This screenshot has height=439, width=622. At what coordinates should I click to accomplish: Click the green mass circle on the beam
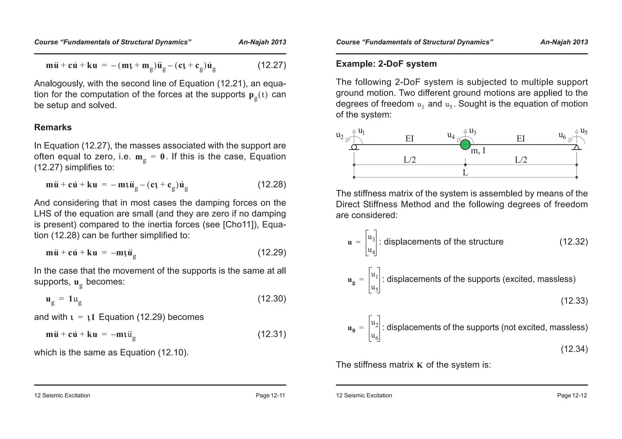tap(465, 145)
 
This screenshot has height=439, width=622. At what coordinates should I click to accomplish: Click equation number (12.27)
tap(272, 65)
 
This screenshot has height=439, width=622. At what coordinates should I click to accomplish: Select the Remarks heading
tap(53, 127)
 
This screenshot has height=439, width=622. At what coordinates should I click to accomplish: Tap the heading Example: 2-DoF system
tap(386, 64)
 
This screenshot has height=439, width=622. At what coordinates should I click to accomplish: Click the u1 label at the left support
tap(361, 131)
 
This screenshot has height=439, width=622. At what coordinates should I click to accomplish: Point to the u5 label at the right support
tap(584, 131)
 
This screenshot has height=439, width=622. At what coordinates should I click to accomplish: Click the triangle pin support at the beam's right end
tap(577, 147)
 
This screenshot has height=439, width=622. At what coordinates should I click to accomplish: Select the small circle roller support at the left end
tap(354, 147)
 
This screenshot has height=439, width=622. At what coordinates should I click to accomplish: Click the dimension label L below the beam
tap(465, 173)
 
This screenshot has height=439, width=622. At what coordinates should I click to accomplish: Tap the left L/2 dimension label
tap(409, 160)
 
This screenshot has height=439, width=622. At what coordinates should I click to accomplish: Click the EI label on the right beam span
tap(521, 139)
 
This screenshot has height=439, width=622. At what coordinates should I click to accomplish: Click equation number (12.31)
tap(272, 334)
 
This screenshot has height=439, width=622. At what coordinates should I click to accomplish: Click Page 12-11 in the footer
tap(270, 395)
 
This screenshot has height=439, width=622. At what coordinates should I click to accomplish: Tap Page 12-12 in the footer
tap(572, 395)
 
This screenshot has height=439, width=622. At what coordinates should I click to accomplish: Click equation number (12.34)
tap(574, 349)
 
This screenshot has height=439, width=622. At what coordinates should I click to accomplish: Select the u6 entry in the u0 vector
tap(375, 336)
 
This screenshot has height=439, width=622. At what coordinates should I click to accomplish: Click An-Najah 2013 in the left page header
tap(262, 42)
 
